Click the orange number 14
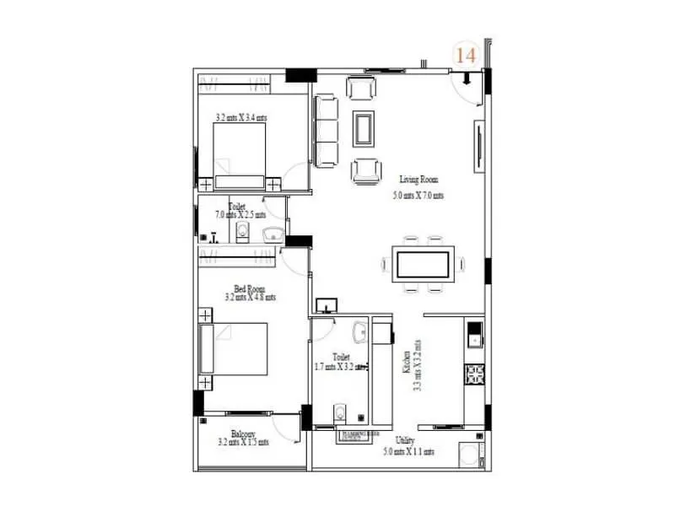(465, 56)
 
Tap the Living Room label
(418, 180)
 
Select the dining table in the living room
(422, 264)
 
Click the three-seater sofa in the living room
(326, 130)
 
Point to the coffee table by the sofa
(365, 129)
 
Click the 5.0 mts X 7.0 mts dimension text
(418, 196)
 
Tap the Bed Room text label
(251, 288)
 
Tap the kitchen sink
(474, 339)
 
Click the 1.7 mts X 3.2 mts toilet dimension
(339, 366)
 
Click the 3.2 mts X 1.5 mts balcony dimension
(245, 442)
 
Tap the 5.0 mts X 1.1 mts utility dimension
(408, 452)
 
